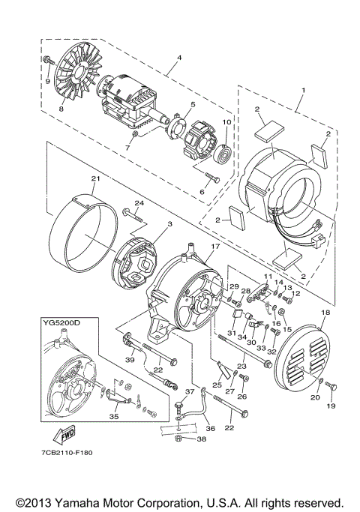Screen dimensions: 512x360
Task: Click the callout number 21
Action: [x=94, y=178]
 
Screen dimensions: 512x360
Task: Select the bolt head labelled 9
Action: [x=48, y=59]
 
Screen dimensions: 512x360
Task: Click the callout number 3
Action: [x=149, y=224]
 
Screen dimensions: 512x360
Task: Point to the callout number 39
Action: [x=129, y=360]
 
